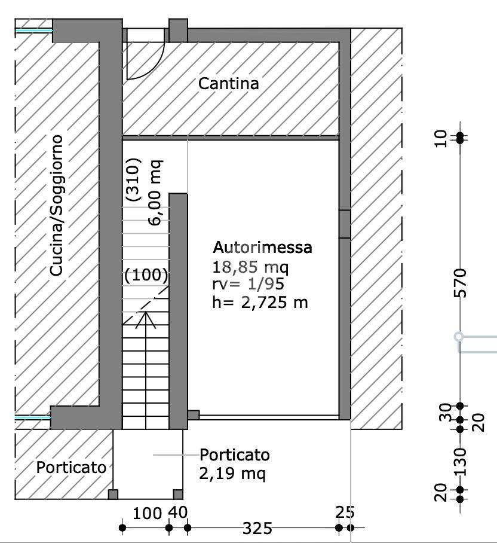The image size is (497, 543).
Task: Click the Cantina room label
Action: coord(229,84)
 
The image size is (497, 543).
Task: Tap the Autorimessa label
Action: coord(262,247)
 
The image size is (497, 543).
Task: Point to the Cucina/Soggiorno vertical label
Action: coord(56,205)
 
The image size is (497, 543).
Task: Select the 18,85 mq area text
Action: coord(250,267)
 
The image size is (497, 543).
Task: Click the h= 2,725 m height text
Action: coord(260,303)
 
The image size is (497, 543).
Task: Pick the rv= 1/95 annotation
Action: coord(248,284)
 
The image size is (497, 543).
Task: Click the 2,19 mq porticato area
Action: coord(232,474)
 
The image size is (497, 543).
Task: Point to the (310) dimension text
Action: coord(133,179)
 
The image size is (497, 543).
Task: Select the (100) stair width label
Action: coord(146,275)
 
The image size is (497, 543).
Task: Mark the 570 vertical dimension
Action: coord(461,283)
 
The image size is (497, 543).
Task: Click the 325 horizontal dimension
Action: coord(257,528)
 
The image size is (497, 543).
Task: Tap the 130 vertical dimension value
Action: coord(461,462)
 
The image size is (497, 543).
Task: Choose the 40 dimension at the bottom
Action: coord(178,513)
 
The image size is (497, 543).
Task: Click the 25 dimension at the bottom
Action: coord(345,513)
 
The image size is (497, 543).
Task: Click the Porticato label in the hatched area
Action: coord(71,468)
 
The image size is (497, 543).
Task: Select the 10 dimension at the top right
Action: coord(440,139)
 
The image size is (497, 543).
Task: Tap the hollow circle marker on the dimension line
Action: coord(459,336)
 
